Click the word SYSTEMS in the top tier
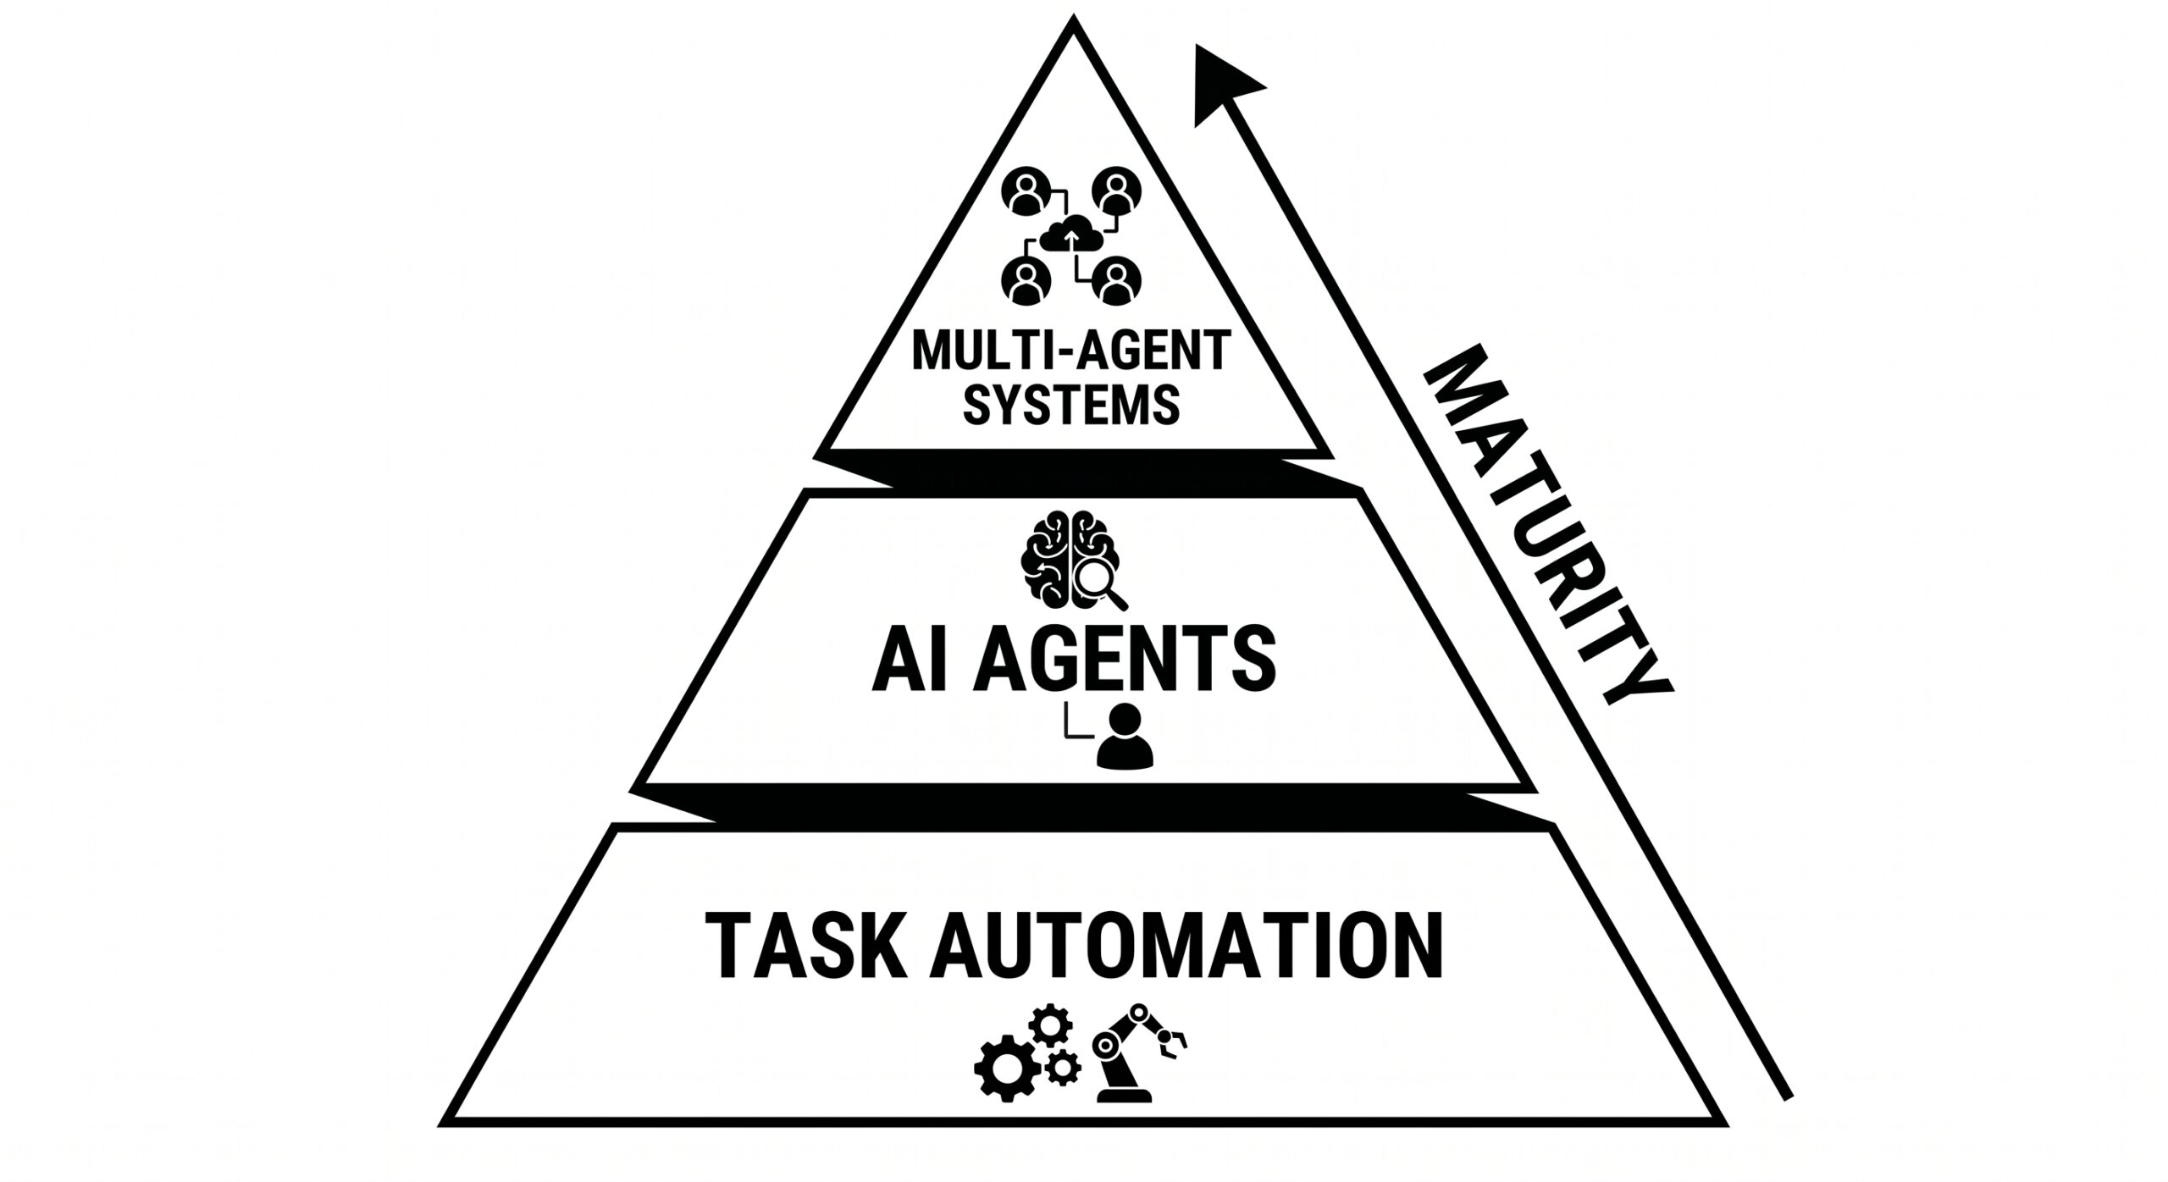point(1071,404)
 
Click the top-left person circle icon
point(1026,194)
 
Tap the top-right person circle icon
point(1117,194)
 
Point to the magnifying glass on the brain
point(1098,583)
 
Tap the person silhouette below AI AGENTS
point(1125,738)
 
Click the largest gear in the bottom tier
point(1005,1069)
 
